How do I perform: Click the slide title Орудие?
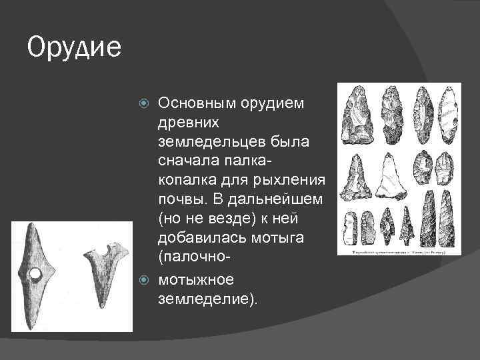(x=74, y=48)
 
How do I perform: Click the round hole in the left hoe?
(x=36, y=274)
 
